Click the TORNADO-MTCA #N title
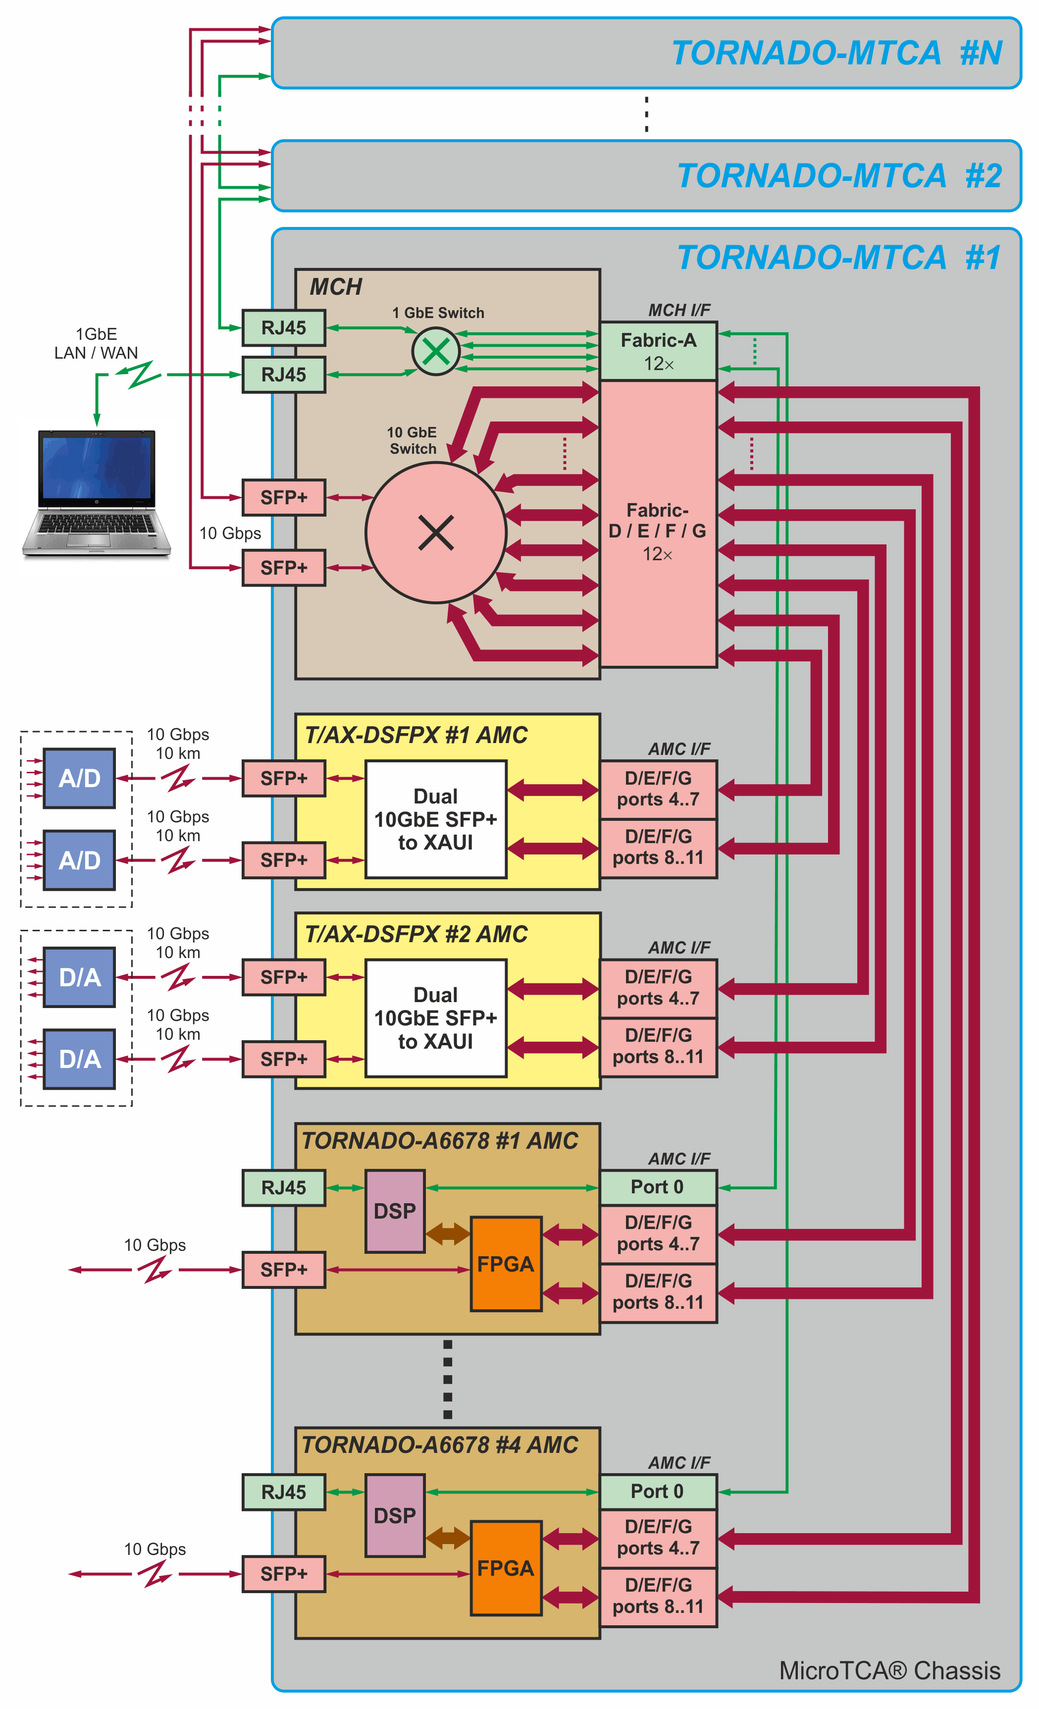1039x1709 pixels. pyautogui.click(x=836, y=53)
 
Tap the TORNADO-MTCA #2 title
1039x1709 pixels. pyautogui.click(x=839, y=176)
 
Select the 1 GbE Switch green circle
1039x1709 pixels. pyautogui.click(x=436, y=352)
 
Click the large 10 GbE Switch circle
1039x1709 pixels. pyautogui.click(x=436, y=533)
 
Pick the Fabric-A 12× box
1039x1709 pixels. pyautogui.click(x=658, y=351)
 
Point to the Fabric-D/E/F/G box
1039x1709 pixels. pyautogui.click(x=658, y=532)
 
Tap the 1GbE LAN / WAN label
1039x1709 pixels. pyautogui.click(x=97, y=343)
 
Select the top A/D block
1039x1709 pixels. pyautogui.click(x=79, y=778)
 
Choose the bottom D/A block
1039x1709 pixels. pyautogui.click(x=79, y=1059)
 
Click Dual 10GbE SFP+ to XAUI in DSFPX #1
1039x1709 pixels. pyautogui.click(x=436, y=819)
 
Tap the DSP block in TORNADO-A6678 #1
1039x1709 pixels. pyautogui.click(x=395, y=1211)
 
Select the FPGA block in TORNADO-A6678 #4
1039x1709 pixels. pyautogui.click(x=506, y=1568)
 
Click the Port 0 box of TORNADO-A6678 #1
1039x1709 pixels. pyautogui.click(x=658, y=1187)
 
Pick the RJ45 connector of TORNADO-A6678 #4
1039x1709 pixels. pyautogui.click(x=283, y=1492)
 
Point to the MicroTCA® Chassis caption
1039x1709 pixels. pyautogui.click(x=889, y=1671)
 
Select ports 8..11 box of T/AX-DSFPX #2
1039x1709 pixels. pyautogui.click(x=658, y=1047)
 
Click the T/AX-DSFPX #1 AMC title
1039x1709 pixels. pyautogui.click(x=416, y=735)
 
